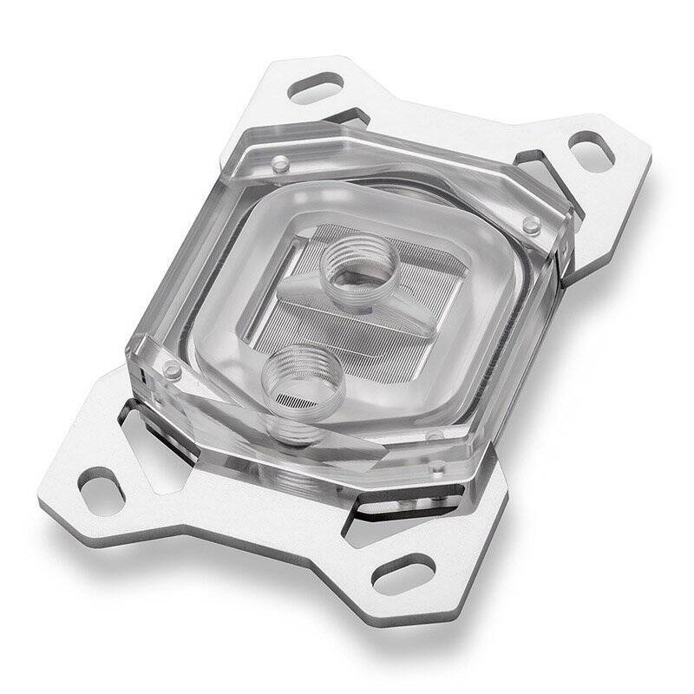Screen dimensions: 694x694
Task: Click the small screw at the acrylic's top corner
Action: (x=279, y=163)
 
